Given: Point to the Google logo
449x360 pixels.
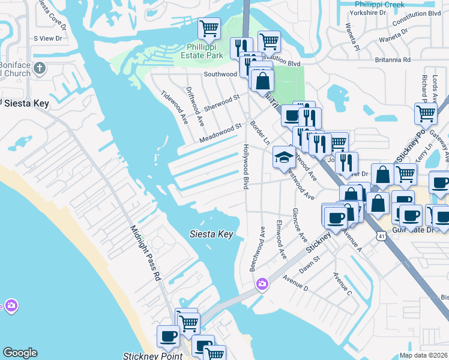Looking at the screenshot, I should (x=20, y=353).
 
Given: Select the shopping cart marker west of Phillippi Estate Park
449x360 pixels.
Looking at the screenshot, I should (x=209, y=28).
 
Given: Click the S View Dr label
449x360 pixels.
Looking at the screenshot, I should (x=48, y=38).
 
